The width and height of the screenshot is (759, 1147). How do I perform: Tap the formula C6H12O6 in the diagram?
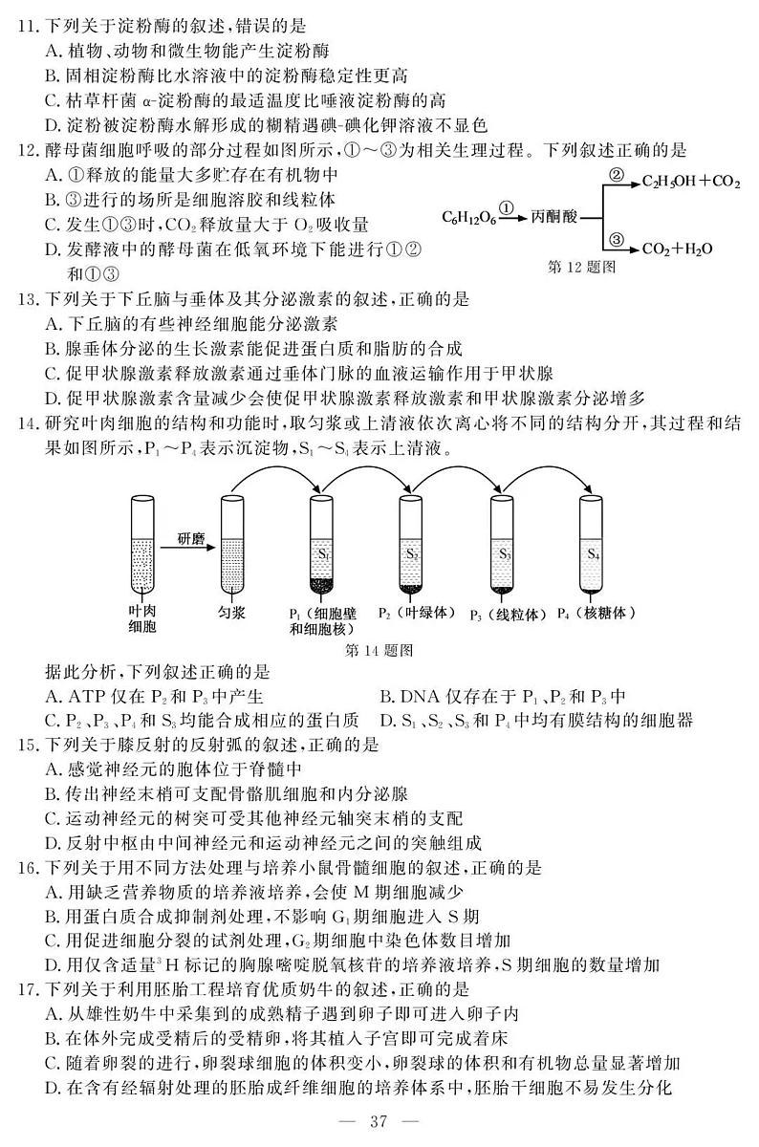point(468,218)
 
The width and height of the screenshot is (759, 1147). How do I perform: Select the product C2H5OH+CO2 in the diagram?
point(690,181)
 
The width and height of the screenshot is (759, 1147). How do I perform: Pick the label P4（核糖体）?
point(595,613)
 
